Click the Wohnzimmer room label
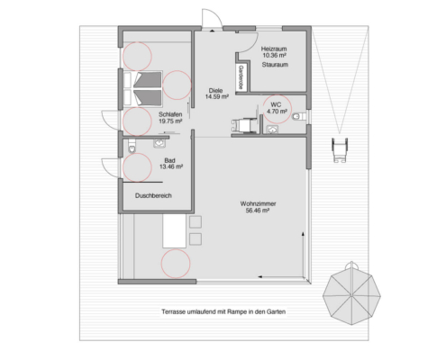258,204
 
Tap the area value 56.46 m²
258,212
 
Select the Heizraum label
274,47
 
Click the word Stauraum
274,66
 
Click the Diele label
215,90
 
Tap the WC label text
277,105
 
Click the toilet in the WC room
301,117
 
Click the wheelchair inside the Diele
241,127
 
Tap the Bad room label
169,159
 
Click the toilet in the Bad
132,148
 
